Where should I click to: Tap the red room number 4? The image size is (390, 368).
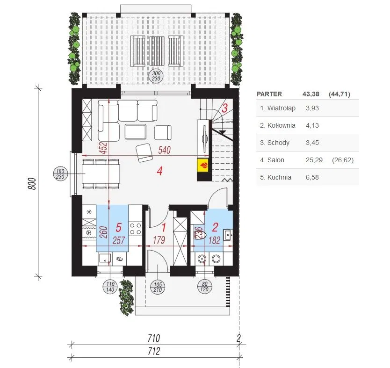[159, 171]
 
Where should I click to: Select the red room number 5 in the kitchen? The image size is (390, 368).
[119, 227]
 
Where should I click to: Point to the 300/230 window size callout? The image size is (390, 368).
[156, 76]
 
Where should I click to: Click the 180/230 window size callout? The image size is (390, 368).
[60, 174]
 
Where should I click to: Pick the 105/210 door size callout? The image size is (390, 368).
[158, 287]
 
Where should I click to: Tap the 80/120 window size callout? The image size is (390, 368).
[204, 287]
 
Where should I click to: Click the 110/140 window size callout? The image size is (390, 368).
[110, 287]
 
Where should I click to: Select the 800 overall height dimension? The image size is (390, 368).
[32, 184]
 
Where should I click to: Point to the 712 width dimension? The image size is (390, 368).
[154, 351]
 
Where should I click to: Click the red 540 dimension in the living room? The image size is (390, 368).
[165, 150]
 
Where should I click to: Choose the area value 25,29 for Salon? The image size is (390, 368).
[314, 160]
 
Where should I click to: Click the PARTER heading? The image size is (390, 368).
[269, 94]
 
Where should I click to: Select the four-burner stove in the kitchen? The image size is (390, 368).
[136, 229]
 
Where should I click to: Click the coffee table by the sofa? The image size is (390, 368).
[136, 131]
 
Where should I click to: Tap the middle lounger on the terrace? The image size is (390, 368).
[157, 51]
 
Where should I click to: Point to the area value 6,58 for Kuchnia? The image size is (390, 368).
[312, 177]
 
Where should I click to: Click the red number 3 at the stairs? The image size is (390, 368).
[224, 108]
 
